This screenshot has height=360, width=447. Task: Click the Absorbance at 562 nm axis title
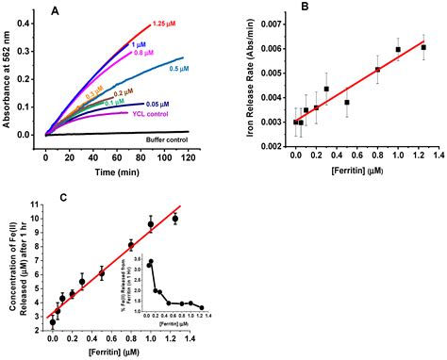pos(11,83)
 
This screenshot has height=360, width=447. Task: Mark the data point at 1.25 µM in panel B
pos(422,47)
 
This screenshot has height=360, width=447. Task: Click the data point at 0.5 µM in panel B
pos(347,102)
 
